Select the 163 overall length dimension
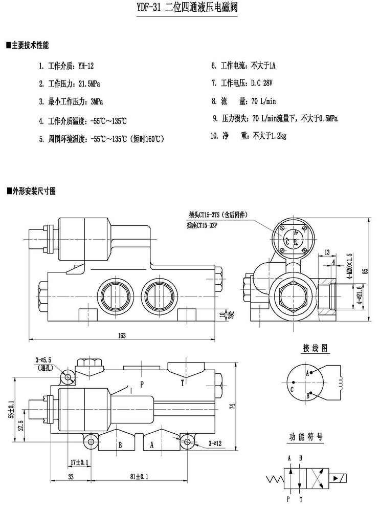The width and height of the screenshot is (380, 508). [x=122, y=335]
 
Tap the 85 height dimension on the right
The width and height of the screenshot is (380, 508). [x=365, y=271]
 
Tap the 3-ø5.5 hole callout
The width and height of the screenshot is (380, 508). [x=44, y=361]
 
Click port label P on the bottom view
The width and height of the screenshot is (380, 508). [x=142, y=383]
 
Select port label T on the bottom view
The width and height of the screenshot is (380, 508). [x=182, y=382]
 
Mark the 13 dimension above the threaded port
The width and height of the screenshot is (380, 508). [x=327, y=251]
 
